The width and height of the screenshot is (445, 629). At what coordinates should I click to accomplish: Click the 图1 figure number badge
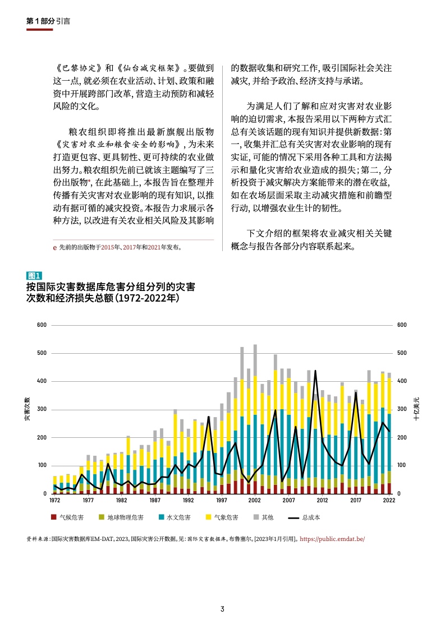34,275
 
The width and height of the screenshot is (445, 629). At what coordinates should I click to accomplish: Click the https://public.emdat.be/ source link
333,539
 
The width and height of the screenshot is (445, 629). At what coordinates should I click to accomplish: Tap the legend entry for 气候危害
67,517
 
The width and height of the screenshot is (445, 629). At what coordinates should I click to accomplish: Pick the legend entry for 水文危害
175,517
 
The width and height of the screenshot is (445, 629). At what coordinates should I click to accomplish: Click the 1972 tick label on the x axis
55,501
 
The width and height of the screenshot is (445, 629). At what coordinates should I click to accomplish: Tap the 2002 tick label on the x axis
255,501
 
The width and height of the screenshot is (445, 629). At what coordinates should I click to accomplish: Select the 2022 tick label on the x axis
388,501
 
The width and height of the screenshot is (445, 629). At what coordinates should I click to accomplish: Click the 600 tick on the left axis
42,325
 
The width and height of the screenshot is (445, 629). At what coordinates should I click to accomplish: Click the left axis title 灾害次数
27,410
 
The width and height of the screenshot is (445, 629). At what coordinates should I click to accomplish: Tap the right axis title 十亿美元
416,410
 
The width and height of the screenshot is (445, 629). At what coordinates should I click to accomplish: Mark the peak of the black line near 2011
315,371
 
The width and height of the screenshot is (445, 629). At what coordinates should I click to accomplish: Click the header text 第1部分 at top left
40,21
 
